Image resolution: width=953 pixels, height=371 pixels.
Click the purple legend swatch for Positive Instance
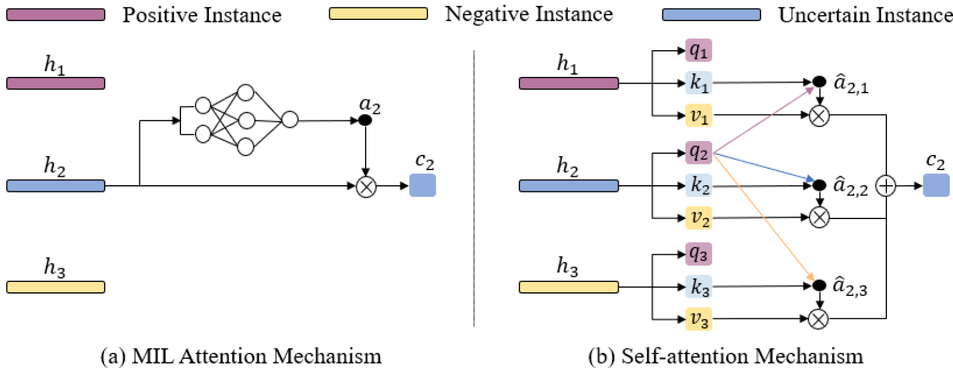(x=56, y=15)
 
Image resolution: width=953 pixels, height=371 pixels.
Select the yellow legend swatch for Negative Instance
(x=378, y=13)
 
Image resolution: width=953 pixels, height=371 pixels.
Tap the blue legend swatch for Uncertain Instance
(x=711, y=15)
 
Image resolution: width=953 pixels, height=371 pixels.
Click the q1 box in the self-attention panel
(x=698, y=50)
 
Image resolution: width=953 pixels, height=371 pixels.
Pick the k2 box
(x=698, y=185)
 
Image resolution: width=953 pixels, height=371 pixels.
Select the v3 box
(x=698, y=319)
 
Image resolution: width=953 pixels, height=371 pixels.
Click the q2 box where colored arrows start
(x=698, y=153)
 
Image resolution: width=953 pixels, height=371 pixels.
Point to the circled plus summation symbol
(x=886, y=186)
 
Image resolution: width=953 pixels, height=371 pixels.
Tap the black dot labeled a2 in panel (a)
(x=365, y=120)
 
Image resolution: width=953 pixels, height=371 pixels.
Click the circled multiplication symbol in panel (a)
(x=366, y=186)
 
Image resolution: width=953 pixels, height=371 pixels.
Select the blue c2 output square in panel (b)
(x=936, y=185)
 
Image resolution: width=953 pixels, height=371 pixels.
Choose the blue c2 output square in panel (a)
(x=423, y=185)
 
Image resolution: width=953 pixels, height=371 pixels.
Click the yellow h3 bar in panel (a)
(x=56, y=287)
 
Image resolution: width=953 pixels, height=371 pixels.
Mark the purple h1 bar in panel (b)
(x=569, y=84)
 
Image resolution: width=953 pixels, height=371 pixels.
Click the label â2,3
(x=850, y=286)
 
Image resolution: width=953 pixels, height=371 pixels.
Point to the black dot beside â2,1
(x=819, y=82)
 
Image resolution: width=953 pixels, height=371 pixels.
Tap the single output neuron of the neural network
(x=290, y=120)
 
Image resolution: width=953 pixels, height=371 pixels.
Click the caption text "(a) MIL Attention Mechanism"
(x=241, y=356)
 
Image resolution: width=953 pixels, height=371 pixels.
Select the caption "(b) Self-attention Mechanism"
(x=725, y=356)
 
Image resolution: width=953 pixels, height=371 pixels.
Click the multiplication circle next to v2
(x=819, y=217)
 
